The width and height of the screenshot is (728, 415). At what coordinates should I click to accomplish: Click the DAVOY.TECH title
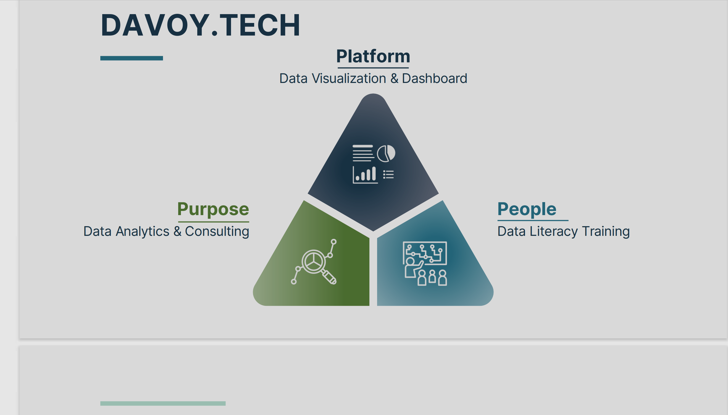(x=201, y=25)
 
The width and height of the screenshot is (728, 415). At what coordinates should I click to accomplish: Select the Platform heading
(x=373, y=56)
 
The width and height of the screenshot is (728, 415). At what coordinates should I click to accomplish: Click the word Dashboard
(x=434, y=78)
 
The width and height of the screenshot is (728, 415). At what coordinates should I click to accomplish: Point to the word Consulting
(x=217, y=231)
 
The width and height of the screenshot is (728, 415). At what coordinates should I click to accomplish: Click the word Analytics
(x=142, y=231)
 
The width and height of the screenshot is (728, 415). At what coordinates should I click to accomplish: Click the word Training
(x=606, y=231)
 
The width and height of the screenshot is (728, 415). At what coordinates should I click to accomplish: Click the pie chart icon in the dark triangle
(x=386, y=153)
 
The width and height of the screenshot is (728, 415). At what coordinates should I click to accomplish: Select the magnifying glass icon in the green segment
(x=314, y=262)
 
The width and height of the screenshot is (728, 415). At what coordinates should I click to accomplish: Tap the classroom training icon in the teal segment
(x=425, y=263)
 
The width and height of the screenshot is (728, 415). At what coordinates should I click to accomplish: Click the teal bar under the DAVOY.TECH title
(x=132, y=58)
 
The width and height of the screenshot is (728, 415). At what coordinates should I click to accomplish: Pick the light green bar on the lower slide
(x=163, y=403)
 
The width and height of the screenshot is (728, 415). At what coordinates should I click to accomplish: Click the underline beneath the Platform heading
(x=373, y=68)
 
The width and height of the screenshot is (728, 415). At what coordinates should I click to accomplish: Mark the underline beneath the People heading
(x=533, y=220)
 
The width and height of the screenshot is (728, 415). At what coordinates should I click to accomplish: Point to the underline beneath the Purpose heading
(x=214, y=222)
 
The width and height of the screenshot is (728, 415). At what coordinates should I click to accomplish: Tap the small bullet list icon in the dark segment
(x=388, y=174)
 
